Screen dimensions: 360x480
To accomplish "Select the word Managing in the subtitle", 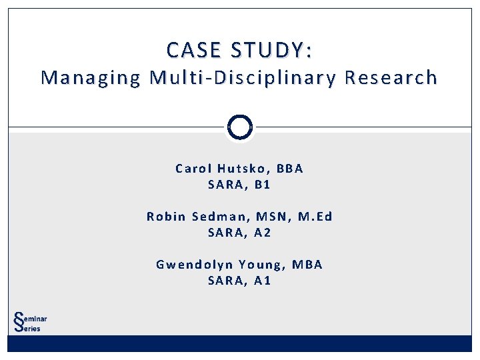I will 91,79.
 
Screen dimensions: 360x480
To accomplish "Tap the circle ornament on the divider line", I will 240,127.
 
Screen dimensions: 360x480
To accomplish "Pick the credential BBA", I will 289,168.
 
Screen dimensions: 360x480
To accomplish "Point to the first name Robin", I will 165,216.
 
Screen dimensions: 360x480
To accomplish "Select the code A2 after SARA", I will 263,233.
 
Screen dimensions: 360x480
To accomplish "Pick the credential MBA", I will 307,264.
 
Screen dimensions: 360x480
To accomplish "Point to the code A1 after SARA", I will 263,281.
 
